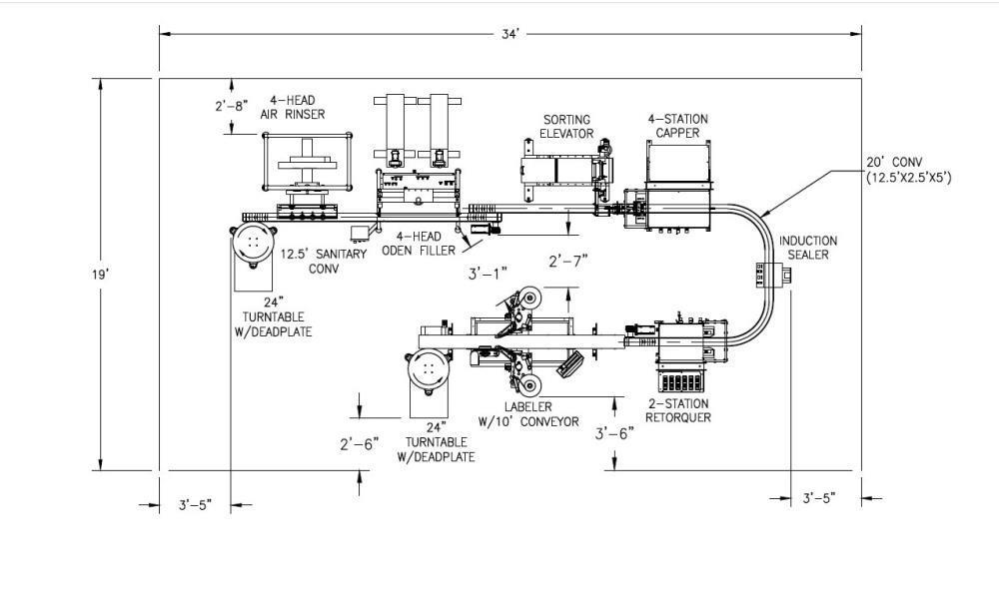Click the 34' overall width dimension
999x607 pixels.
[510, 33]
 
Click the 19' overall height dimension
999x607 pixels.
[101, 274]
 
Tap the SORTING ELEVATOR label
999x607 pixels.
[566, 126]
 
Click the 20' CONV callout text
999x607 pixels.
[908, 171]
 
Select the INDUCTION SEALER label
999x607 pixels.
[808, 248]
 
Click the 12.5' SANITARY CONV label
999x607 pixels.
[323, 261]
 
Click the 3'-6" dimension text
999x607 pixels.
[614, 433]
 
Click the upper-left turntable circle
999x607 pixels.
[254, 243]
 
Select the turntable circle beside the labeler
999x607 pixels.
[429, 368]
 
